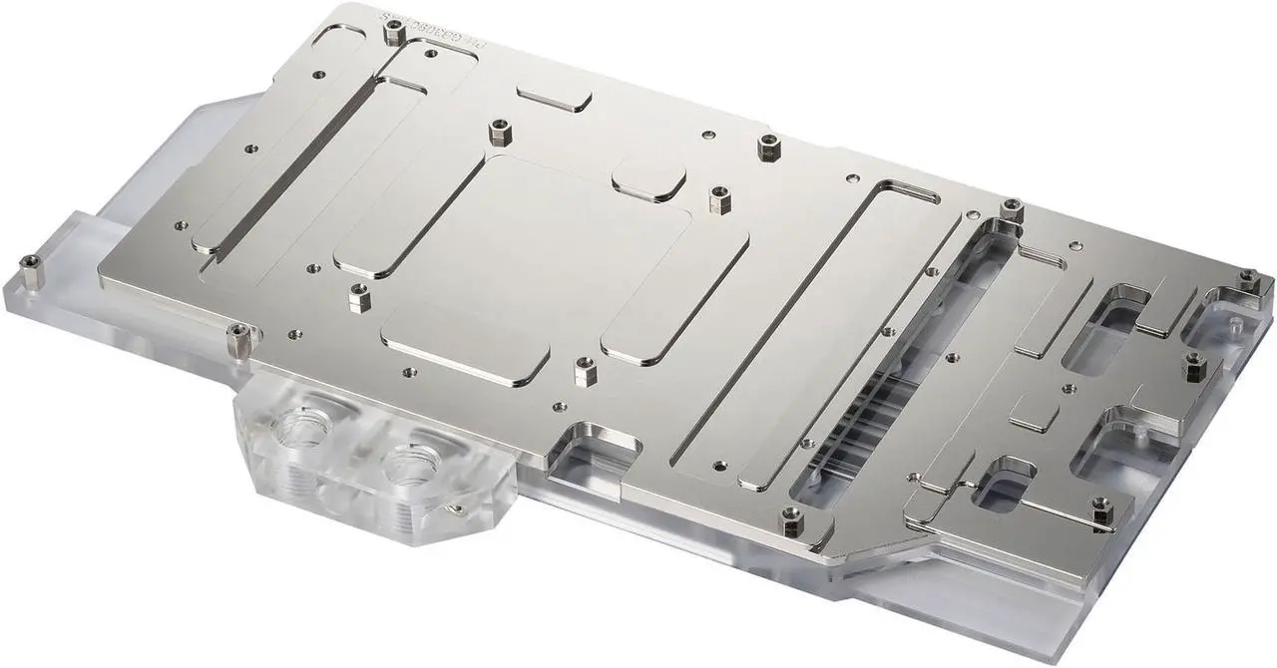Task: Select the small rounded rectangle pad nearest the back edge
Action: click(555, 98)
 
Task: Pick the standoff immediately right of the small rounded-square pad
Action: click(715, 197)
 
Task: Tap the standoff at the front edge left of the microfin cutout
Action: click(792, 516)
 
